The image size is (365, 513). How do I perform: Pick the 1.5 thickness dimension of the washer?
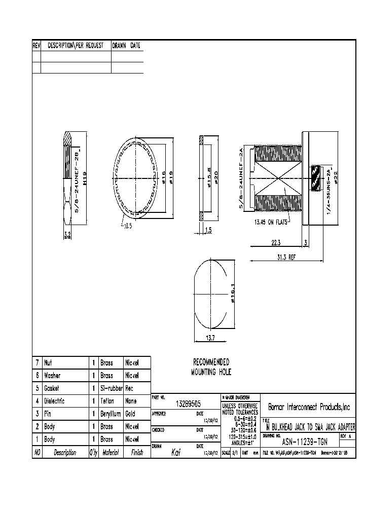click(209, 230)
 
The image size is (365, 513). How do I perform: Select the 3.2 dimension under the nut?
click(67, 235)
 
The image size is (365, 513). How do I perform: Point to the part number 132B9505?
click(188, 404)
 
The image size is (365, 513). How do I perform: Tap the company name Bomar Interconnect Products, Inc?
click(309, 407)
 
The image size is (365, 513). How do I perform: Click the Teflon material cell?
click(107, 401)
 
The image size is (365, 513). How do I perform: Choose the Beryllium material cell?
click(111, 414)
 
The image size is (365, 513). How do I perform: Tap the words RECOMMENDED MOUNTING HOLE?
click(211, 367)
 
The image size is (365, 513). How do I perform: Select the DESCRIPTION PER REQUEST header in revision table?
click(76, 46)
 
